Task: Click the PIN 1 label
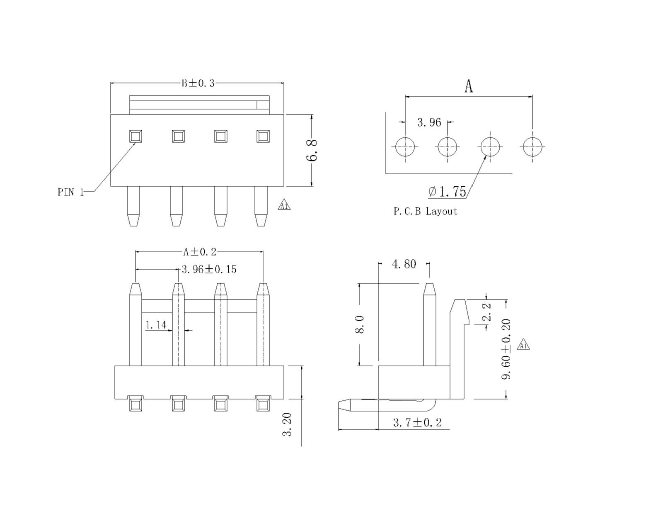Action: (x=71, y=192)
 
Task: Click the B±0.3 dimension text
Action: (x=198, y=83)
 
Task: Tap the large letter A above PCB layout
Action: (x=468, y=86)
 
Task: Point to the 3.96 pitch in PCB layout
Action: (x=429, y=122)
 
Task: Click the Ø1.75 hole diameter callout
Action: (x=448, y=191)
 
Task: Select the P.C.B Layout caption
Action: (x=425, y=211)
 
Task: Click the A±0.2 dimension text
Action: (x=200, y=252)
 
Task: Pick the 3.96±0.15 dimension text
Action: (x=209, y=269)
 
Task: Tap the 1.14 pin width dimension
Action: (x=156, y=325)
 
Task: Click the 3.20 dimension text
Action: (x=287, y=424)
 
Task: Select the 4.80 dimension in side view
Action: (x=404, y=264)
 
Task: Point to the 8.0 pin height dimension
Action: (x=360, y=324)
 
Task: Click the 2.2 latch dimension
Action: (x=487, y=312)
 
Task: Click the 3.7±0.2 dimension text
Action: (x=417, y=423)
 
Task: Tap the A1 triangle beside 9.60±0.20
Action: (x=523, y=345)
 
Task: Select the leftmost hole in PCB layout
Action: (x=405, y=146)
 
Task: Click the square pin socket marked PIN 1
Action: (x=136, y=136)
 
